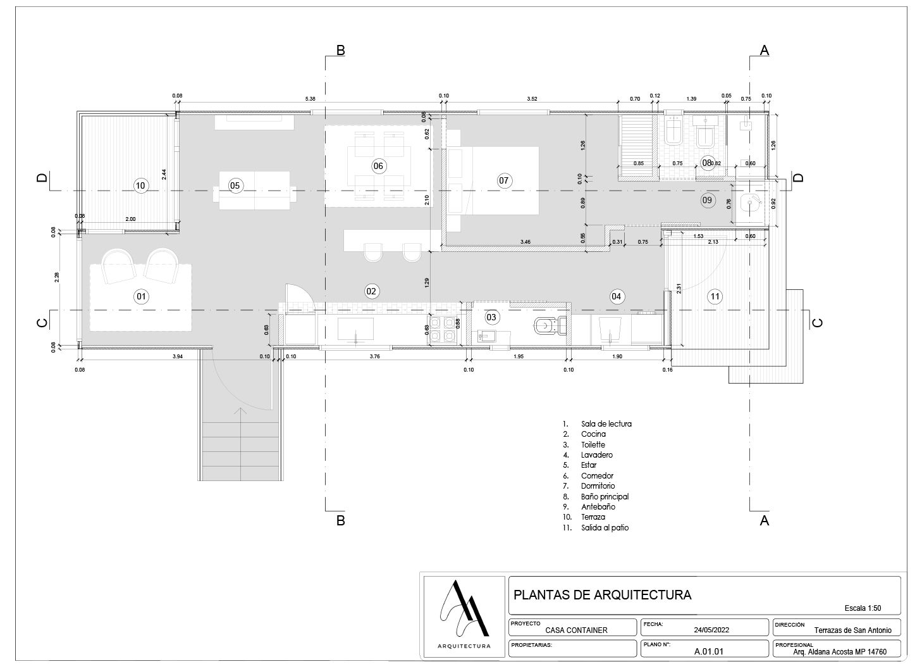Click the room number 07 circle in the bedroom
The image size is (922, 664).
pos(503,180)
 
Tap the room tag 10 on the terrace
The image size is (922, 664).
pos(141,185)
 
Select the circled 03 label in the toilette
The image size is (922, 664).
pos(491,316)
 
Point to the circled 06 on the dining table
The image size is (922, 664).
pos(378,166)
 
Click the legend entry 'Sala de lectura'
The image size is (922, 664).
pos(606,424)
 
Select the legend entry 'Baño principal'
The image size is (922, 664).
pos(605,497)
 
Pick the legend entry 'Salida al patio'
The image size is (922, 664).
pos(605,528)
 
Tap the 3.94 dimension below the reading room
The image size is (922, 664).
pos(178,357)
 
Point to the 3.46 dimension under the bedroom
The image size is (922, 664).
pos(525,242)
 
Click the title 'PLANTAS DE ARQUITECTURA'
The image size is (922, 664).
pos(602,595)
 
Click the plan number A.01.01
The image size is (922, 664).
pos(708,651)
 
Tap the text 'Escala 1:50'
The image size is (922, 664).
pos(863,608)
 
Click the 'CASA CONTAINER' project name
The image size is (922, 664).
pos(576,630)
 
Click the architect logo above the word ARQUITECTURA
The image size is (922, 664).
pos(464,608)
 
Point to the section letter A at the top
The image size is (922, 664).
pos(764,51)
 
